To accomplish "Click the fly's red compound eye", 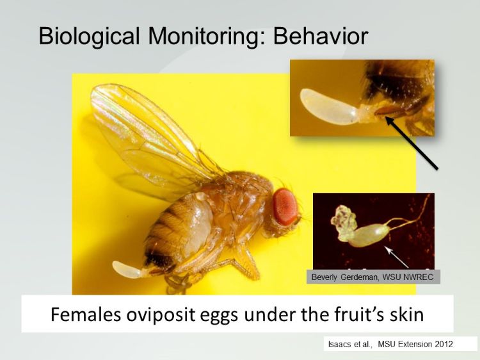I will tap(285, 206).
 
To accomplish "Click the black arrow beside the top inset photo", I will tap(413, 144).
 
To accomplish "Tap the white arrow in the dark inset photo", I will tap(397, 257).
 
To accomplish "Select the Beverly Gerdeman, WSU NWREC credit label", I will tap(374, 277).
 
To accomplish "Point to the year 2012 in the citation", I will tap(442, 344).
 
